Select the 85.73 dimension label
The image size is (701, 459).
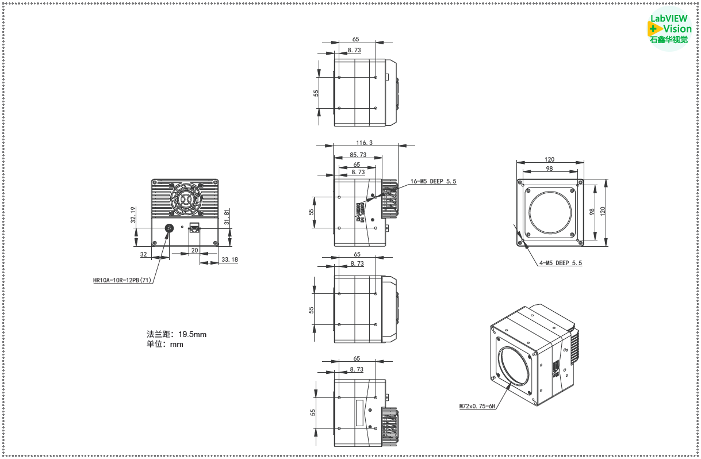[x=358, y=155]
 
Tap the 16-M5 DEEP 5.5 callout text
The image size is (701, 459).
[x=433, y=181]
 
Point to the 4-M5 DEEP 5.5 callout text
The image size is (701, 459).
[x=560, y=263]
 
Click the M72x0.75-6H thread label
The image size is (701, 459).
[x=477, y=406]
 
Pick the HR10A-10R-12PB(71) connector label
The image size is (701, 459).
[x=122, y=281]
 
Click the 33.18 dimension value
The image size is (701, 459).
[x=229, y=259]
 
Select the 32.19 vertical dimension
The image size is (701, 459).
[x=133, y=215]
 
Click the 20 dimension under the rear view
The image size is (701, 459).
[x=194, y=250]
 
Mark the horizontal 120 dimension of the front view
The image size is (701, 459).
[x=549, y=160]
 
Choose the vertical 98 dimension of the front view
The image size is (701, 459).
[x=592, y=211]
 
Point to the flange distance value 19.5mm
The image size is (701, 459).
[x=192, y=334]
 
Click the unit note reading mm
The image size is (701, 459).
[x=177, y=345]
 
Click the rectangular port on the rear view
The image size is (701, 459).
[x=194, y=229]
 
